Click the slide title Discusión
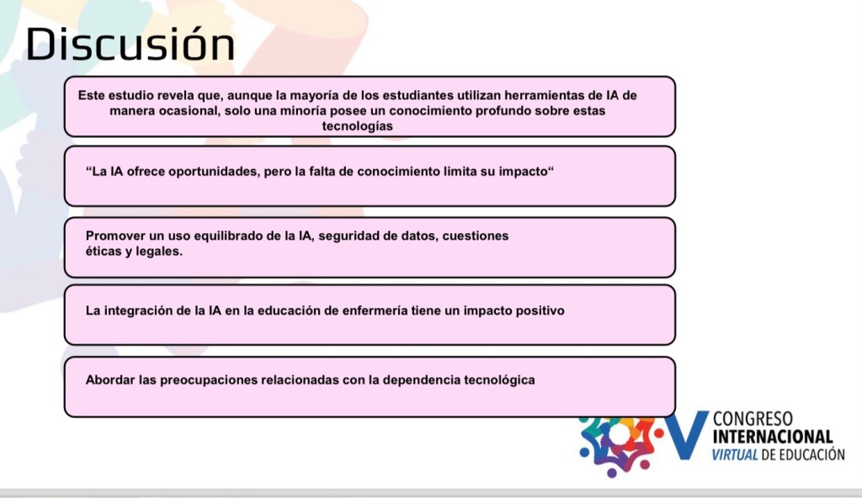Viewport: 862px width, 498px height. tap(130, 44)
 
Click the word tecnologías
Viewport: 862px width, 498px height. tap(357, 126)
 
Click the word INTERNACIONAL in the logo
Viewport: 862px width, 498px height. tap(773, 437)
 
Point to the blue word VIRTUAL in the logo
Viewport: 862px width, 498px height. tap(735, 454)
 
